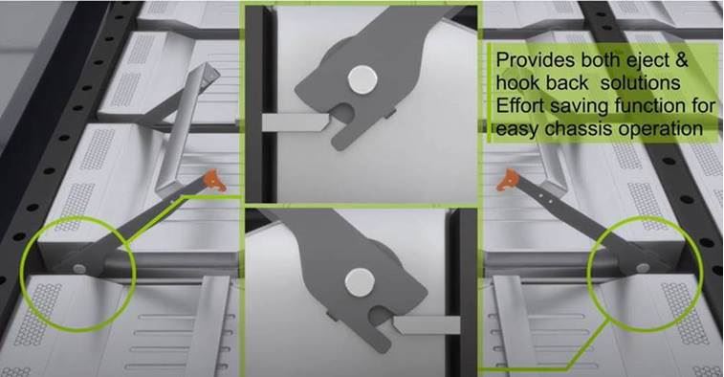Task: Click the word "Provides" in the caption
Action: coord(529,60)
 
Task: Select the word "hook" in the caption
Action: coord(517,83)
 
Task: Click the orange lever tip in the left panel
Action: coord(214,180)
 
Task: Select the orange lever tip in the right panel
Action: coord(508,180)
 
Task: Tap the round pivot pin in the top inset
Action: coord(362,79)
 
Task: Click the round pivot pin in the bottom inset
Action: coord(360,282)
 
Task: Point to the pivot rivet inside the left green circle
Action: coord(79,269)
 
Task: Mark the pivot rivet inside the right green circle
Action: coord(643,268)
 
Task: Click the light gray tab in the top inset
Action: coord(296,122)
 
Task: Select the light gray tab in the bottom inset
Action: coord(426,324)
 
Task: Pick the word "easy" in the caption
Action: coord(518,130)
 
